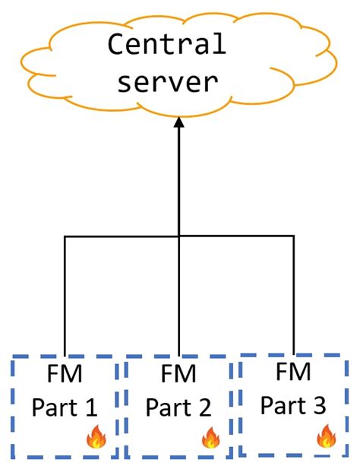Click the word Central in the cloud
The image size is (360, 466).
166,45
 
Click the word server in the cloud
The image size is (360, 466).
166,80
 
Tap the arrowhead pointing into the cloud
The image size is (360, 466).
178,122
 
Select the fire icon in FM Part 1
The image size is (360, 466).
96,436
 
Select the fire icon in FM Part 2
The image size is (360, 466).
210,437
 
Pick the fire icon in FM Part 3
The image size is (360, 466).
327,436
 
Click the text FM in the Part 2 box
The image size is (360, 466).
178,375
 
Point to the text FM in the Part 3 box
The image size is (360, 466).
293,372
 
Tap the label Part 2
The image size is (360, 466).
178,408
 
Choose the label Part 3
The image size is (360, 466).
293,405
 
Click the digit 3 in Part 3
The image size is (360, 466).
321,405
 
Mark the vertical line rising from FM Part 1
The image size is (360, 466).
65,296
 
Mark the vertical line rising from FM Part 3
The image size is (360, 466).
293,296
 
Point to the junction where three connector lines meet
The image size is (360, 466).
178,237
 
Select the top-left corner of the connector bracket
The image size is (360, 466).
65,237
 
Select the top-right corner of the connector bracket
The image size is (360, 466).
293,237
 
